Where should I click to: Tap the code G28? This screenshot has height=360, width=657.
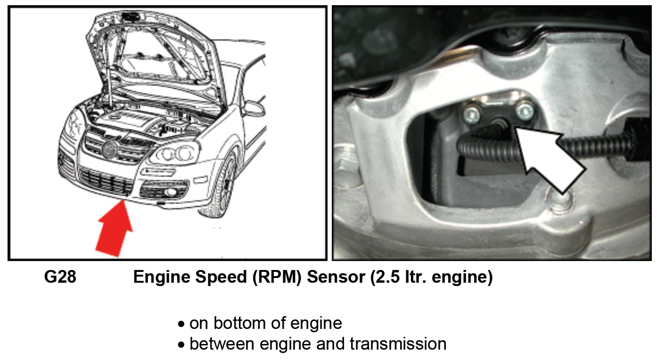(60, 278)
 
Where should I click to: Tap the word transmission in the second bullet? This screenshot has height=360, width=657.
(398, 344)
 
